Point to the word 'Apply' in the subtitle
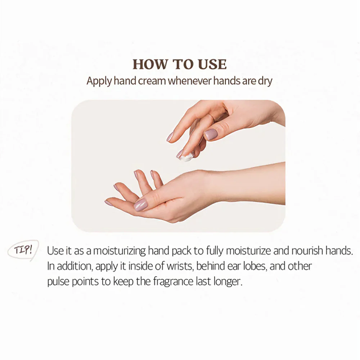[x=99, y=81]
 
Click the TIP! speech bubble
[x=23, y=250]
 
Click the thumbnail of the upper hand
[x=211, y=134]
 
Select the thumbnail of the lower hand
[x=140, y=205]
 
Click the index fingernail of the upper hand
[x=170, y=137]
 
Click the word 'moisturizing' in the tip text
[x=120, y=251]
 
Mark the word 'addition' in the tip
[x=75, y=266]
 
